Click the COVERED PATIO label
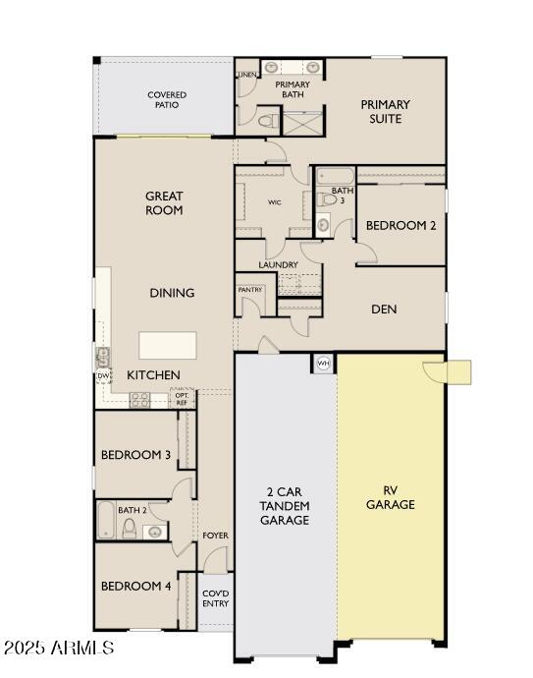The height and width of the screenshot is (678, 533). coord(167,99)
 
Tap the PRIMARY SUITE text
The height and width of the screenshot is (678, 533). coord(385,111)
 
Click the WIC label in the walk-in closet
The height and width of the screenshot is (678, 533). coord(275,203)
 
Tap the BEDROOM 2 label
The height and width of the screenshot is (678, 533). coord(400,225)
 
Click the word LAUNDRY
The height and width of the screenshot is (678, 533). coord(278,265)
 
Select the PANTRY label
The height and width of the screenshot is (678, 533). coord(250,290)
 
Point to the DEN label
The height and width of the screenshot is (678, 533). coord(383,309)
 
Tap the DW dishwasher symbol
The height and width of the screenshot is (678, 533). coord(103,375)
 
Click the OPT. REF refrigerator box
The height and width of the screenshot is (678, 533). coord(182,399)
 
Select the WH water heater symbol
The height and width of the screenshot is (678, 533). coord(323,364)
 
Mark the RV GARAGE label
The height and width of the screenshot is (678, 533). coord(391,496)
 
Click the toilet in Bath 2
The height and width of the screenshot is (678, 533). coord(129,529)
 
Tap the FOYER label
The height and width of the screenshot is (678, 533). coord(215,536)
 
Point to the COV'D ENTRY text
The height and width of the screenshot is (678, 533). coord(215,598)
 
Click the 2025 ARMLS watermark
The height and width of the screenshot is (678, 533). coord(58,649)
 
